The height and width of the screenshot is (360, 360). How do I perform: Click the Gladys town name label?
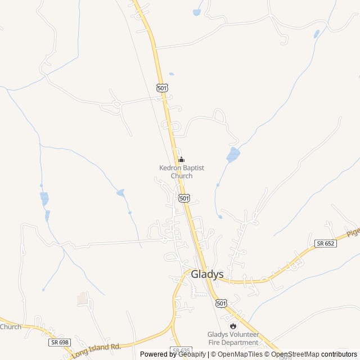pos(207,274)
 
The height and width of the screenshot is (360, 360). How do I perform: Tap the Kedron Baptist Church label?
pos(181,172)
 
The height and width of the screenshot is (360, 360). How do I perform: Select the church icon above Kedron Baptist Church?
pos(181,160)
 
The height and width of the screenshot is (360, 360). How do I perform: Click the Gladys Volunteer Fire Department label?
pos(233,338)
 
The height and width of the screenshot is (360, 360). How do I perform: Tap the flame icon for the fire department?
pos(232,326)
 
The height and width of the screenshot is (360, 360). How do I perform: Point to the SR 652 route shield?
pos(325,243)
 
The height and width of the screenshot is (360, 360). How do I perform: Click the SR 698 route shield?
pos(59,342)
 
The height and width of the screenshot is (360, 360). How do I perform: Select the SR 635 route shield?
pos(182,351)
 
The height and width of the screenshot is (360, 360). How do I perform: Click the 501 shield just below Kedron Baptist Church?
pos(184,198)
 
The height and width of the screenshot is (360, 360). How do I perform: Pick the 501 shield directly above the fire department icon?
pos(222,303)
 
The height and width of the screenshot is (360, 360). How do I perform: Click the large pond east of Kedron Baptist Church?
pos(233,154)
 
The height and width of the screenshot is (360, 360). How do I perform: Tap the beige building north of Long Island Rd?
pos(83,298)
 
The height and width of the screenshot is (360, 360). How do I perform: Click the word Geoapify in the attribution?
pos(191,354)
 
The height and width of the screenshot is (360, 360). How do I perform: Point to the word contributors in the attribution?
pos(339,354)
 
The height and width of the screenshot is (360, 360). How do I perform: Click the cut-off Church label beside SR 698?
pos(10,327)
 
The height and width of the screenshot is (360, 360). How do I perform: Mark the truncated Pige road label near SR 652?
pos(352,232)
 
